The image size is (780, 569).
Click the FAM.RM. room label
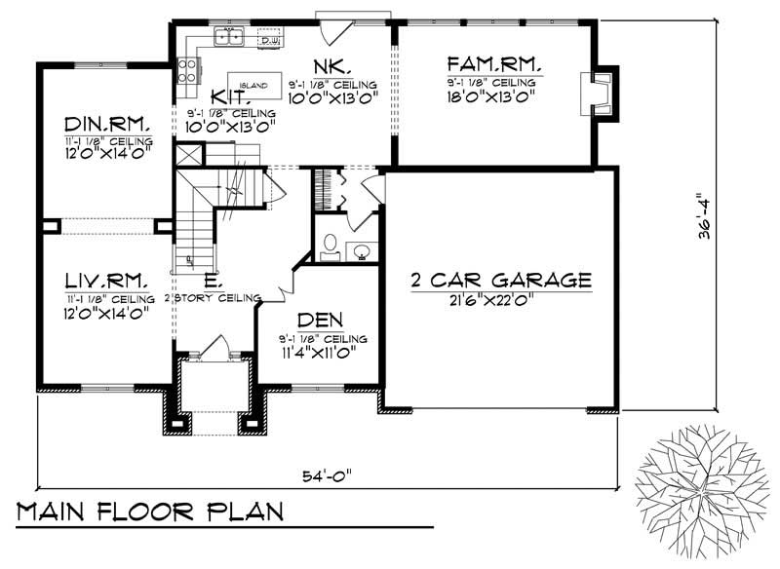point(494,65)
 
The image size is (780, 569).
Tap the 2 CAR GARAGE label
point(501,281)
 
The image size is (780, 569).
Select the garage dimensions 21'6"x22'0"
point(500,300)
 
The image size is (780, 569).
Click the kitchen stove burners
point(188,70)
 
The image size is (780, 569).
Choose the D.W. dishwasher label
point(270,40)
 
